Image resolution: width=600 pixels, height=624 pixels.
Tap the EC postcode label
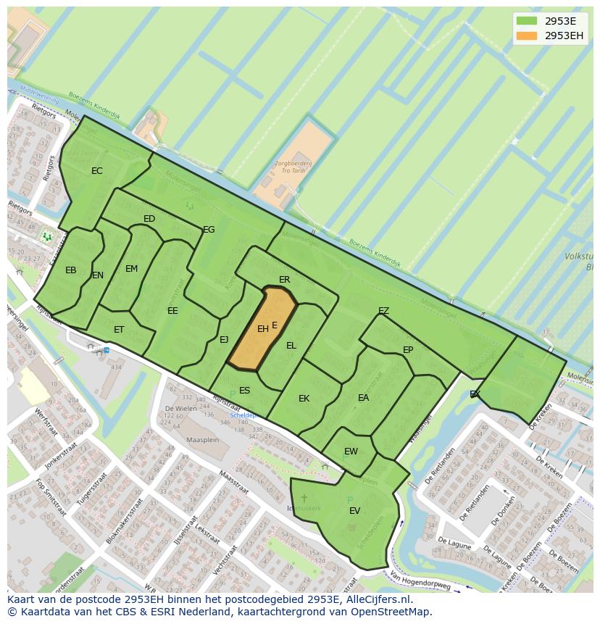tap(96, 171)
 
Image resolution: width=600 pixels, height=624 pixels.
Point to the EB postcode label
tap(70, 270)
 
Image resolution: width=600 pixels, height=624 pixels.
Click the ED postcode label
tap(149, 219)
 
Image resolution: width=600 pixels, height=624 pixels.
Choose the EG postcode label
tap(209, 230)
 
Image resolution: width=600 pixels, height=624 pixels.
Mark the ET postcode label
tap(119, 330)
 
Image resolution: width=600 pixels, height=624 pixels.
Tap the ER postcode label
tap(284, 280)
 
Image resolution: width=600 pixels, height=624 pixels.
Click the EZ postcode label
tap(383, 311)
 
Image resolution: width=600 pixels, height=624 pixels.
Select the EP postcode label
tap(408, 350)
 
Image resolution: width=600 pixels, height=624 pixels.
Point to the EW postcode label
tap(351, 452)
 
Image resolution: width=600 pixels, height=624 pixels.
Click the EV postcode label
tap(354, 511)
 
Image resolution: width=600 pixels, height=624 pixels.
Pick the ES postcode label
tap(244, 391)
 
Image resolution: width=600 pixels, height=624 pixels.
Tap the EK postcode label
tap(304, 399)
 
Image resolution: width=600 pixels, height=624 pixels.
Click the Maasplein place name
tap(202, 440)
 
